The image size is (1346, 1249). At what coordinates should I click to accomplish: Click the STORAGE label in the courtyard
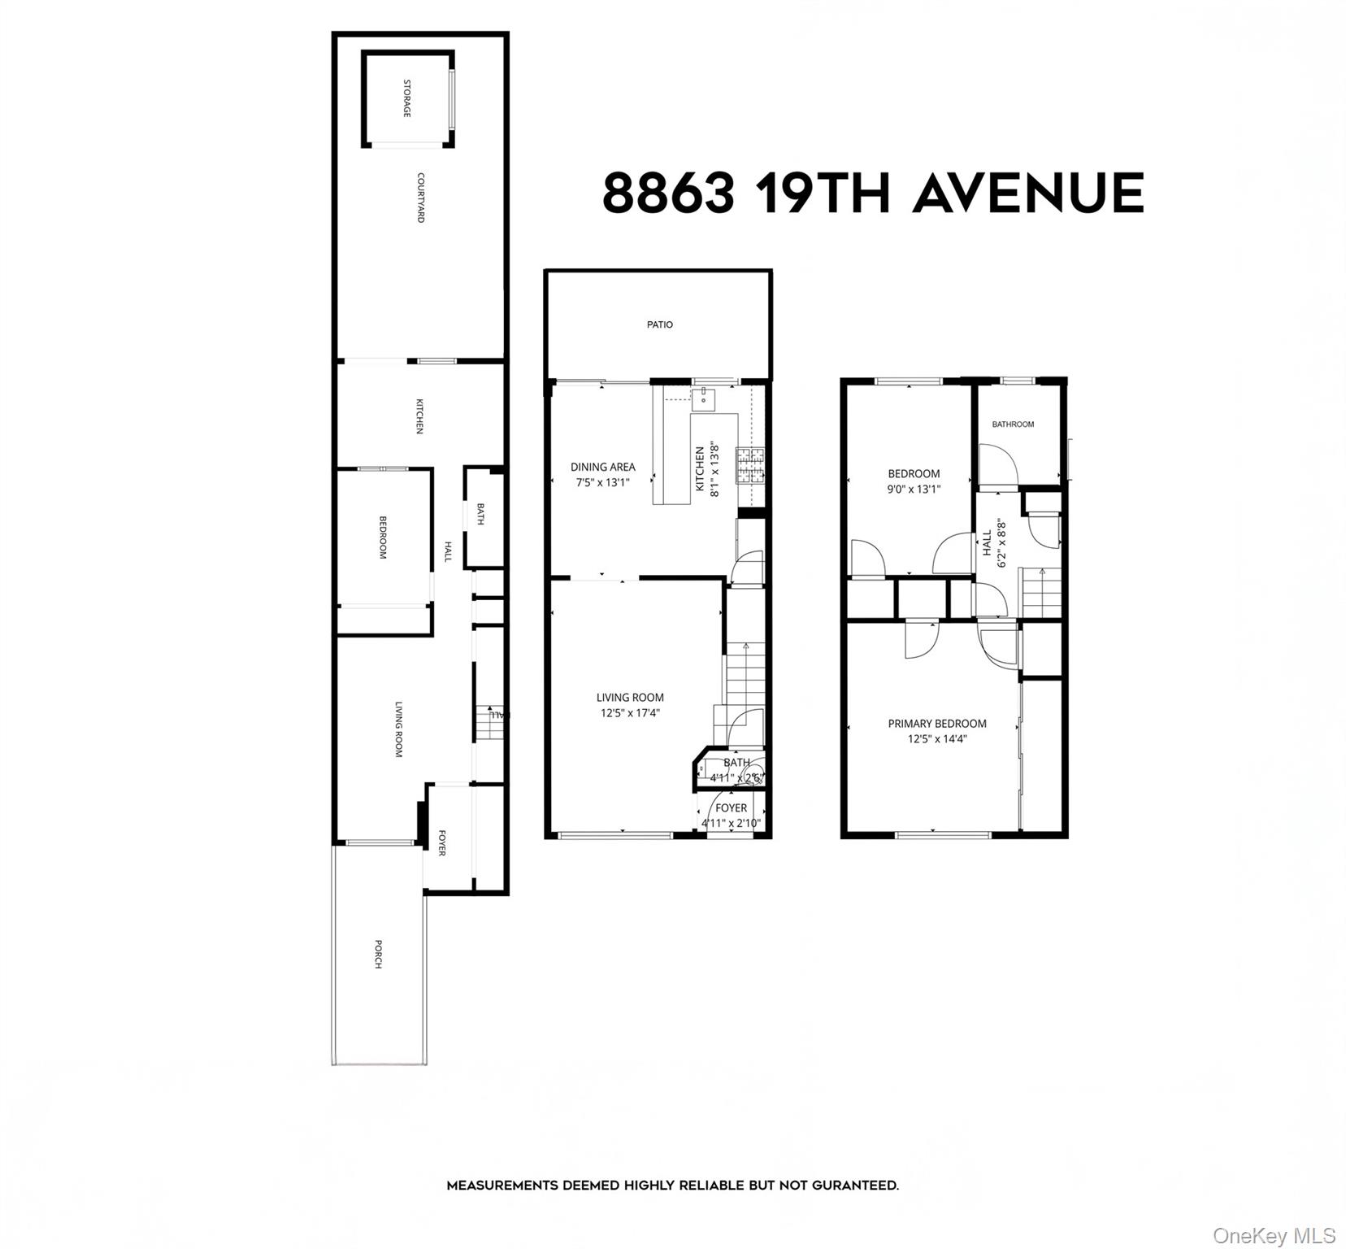(x=407, y=98)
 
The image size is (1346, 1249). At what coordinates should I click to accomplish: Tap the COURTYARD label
(x=421, y=198)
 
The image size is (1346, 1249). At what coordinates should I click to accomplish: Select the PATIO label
(x=660, y=324)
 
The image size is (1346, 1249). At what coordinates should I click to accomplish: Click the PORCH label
(x=378, y=954)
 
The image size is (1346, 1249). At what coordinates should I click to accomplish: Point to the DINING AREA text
(x=603, y=467)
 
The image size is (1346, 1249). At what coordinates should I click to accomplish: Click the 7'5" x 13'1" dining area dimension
(x=603, y=482)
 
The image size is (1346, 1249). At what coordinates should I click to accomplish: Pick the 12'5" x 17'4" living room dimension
(x=630, y=713)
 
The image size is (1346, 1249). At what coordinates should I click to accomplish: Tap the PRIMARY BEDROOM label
(x=937, y=724)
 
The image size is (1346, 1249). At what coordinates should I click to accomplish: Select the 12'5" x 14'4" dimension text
(x=937, y=739)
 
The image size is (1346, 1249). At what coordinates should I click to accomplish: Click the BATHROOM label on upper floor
(x=1013, y=424)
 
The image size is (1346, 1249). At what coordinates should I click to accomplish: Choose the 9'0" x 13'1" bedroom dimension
(x=914, y=490)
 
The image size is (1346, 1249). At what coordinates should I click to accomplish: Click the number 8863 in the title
(x=668, y=194)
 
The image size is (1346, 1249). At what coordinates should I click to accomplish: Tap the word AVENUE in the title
(x=1028, y=194)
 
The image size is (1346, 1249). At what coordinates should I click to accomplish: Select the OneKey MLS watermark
(x=1274, y=1236)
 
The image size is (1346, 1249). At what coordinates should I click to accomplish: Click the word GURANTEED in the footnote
(x=853, y=1186)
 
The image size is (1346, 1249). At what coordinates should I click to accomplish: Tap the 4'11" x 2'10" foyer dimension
(x=732, y=824)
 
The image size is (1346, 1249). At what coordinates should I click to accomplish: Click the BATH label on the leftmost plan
(x=480, y=514)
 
